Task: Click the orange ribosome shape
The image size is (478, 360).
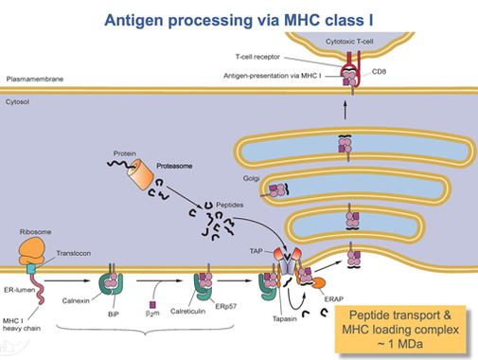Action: pos(31,251)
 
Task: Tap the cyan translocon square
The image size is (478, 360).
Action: pos(31,269)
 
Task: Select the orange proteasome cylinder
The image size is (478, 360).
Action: pos(140,174)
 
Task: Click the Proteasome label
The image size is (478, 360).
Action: pos(174,166)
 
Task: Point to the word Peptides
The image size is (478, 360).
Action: pos(230,205)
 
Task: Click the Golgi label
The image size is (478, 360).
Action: pos(251,179)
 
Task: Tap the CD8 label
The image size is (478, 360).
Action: pos(379,72)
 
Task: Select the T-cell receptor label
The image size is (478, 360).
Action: pos(257,57)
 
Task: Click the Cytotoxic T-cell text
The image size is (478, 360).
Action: pos(349,42)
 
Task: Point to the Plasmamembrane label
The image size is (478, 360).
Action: pos(35,79)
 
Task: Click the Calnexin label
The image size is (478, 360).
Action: pos(76,301)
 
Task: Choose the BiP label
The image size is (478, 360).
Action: pos(114,315)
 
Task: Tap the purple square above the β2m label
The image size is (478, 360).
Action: pos(152,304)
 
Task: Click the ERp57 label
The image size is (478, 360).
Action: pos(226,306)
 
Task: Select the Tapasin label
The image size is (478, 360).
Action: pos(285,319)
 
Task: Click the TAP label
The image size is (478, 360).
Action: pos(256,251)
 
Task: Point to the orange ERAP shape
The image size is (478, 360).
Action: pos(318,282)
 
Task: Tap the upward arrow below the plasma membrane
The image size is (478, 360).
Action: pos(345,110)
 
